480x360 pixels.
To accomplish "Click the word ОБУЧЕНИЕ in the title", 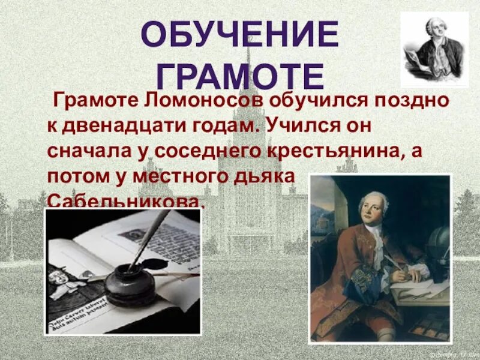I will pos(239,35).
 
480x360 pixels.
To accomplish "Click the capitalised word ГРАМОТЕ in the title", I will pos(239,75).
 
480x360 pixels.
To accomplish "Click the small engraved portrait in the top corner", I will pos(434,49).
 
